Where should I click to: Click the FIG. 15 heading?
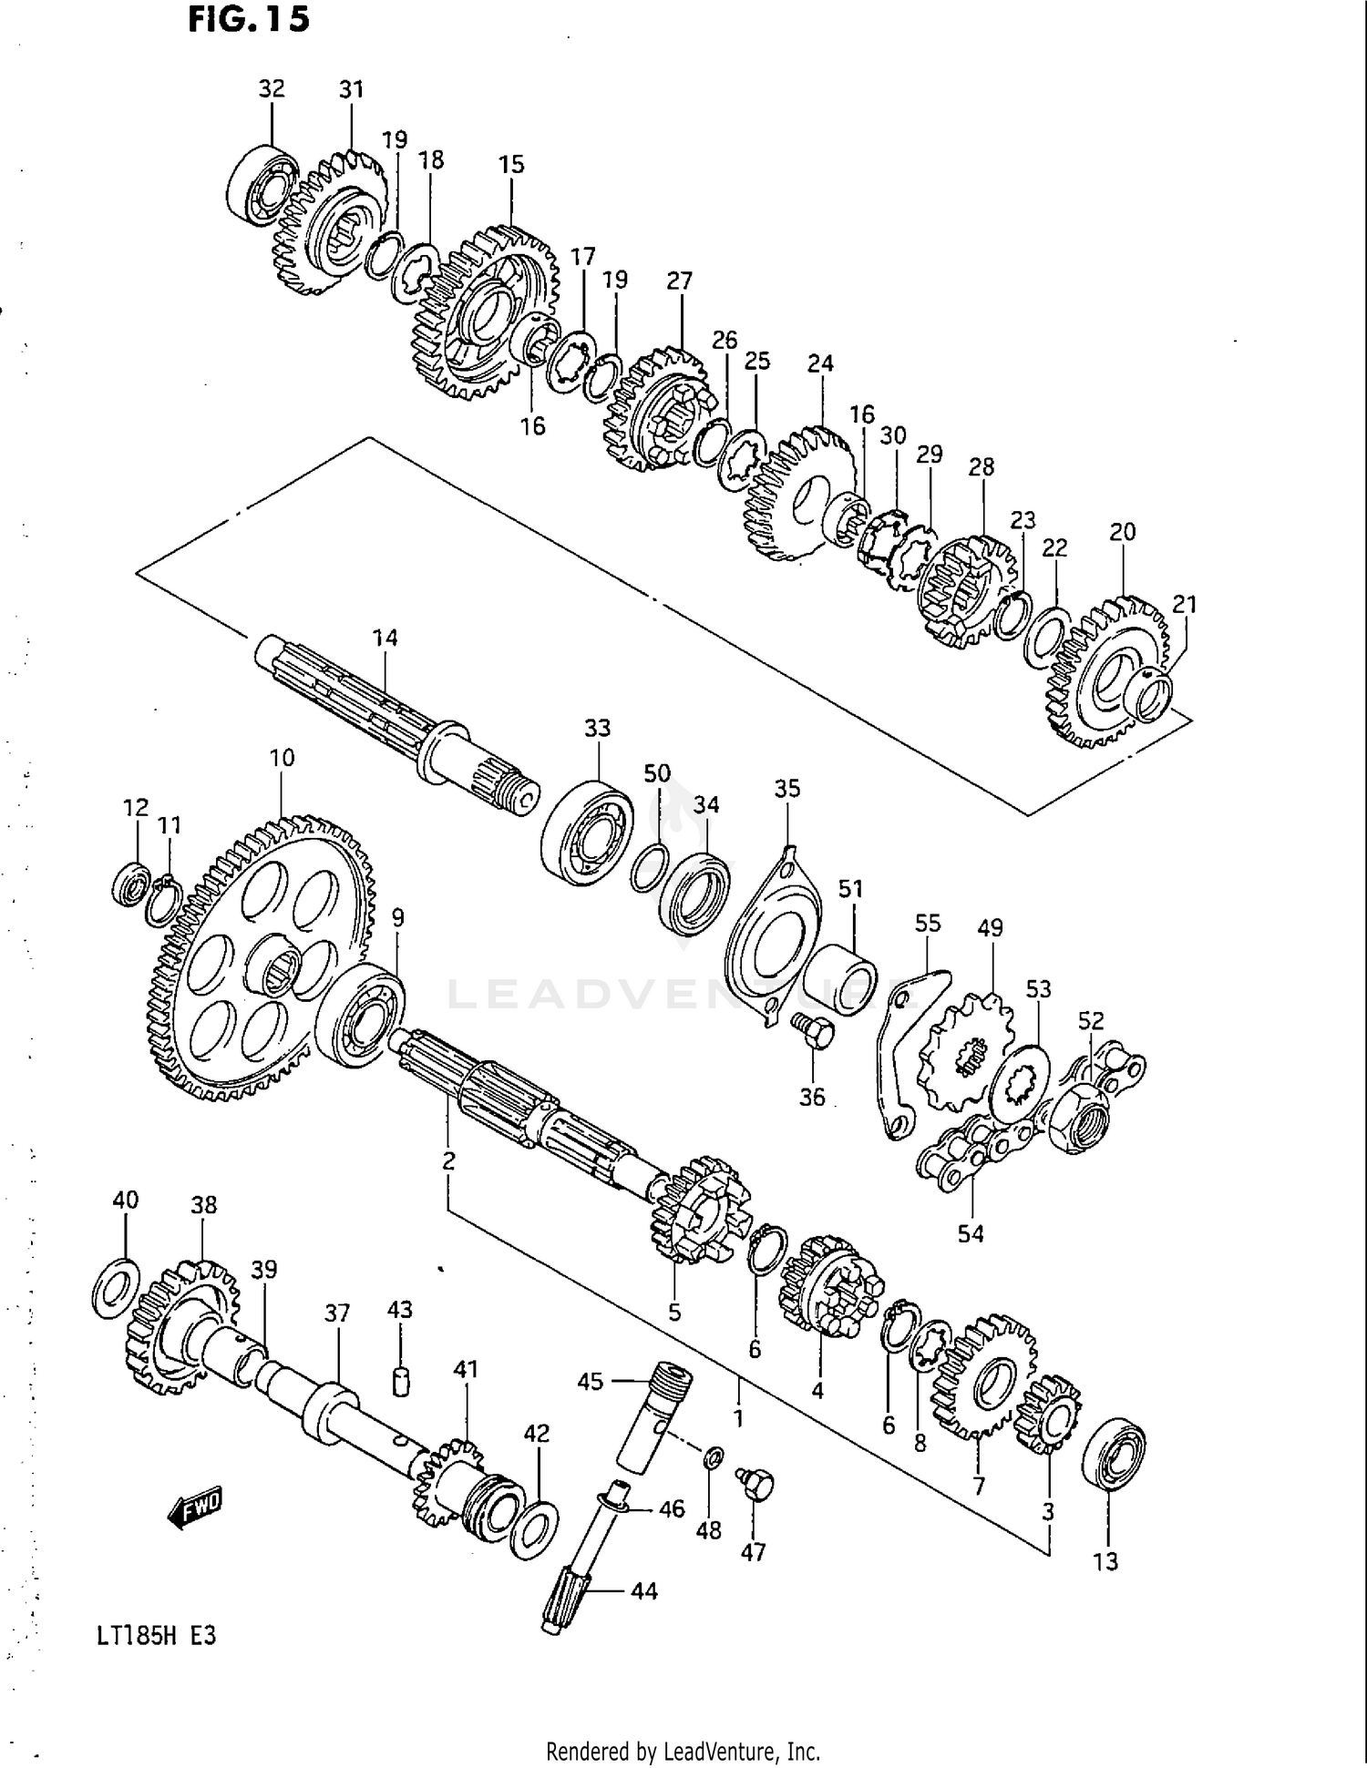click(x=249, y=19)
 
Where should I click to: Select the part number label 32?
click(x=272, y=88)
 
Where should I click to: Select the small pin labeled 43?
click(x=400, y=1381)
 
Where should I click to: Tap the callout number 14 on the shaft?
click(x=385, y=638)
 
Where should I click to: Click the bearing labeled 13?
click(x=1113, y=1455)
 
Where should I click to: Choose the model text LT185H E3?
click(x=156, y=1635)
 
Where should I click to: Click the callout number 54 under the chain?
click(x=971, y=1233)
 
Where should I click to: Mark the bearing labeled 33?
click(x=587, y=831)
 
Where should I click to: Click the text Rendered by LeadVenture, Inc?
click(x=683, y=1752)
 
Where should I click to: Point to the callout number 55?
click(x=928, y=923)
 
